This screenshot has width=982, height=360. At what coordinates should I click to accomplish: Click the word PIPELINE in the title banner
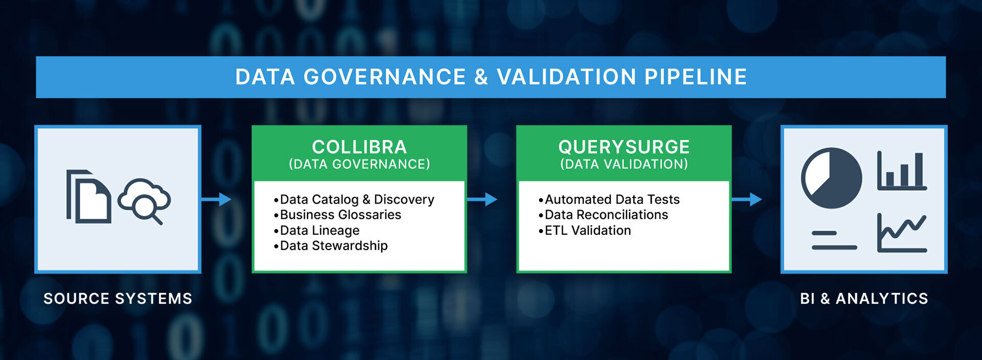point(696,77)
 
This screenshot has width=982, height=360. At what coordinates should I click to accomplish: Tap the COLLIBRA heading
point(360,147)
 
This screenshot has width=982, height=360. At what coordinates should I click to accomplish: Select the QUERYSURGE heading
point(624,147)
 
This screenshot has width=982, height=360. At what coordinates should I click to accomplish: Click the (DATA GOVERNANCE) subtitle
point(360,164)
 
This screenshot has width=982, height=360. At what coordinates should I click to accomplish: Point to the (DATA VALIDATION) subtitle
point(624,164)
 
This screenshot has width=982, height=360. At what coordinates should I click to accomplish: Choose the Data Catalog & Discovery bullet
point(354,199)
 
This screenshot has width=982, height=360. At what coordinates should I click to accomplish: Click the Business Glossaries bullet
point(338,215)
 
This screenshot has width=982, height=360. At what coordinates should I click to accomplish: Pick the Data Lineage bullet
point(317,231)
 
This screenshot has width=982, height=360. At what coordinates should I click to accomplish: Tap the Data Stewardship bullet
point(331,246)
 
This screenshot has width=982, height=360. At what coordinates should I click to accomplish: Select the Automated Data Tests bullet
point(609,199)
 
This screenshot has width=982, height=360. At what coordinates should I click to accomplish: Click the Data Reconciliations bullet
point(603,215)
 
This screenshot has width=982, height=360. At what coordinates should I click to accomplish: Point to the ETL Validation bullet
point(585,231)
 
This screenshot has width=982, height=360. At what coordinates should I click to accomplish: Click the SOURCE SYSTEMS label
point(118,299)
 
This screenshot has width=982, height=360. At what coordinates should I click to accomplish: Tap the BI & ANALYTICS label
point(864,299)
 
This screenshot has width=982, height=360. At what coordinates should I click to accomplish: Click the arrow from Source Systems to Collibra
point(216,199)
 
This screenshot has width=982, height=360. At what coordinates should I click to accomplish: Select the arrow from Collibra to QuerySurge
point(482,199)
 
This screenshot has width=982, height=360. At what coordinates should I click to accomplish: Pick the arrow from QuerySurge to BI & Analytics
point(746,199)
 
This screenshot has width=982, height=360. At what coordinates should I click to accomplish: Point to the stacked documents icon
point(88,196)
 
